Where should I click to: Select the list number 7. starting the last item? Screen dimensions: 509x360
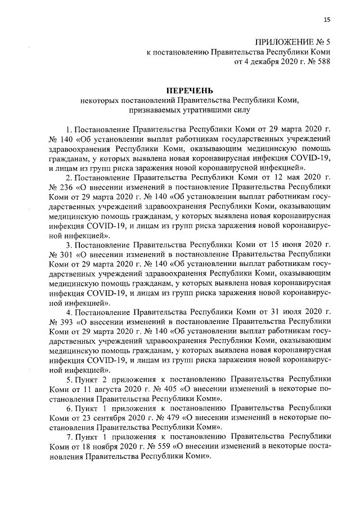point(69,438)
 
